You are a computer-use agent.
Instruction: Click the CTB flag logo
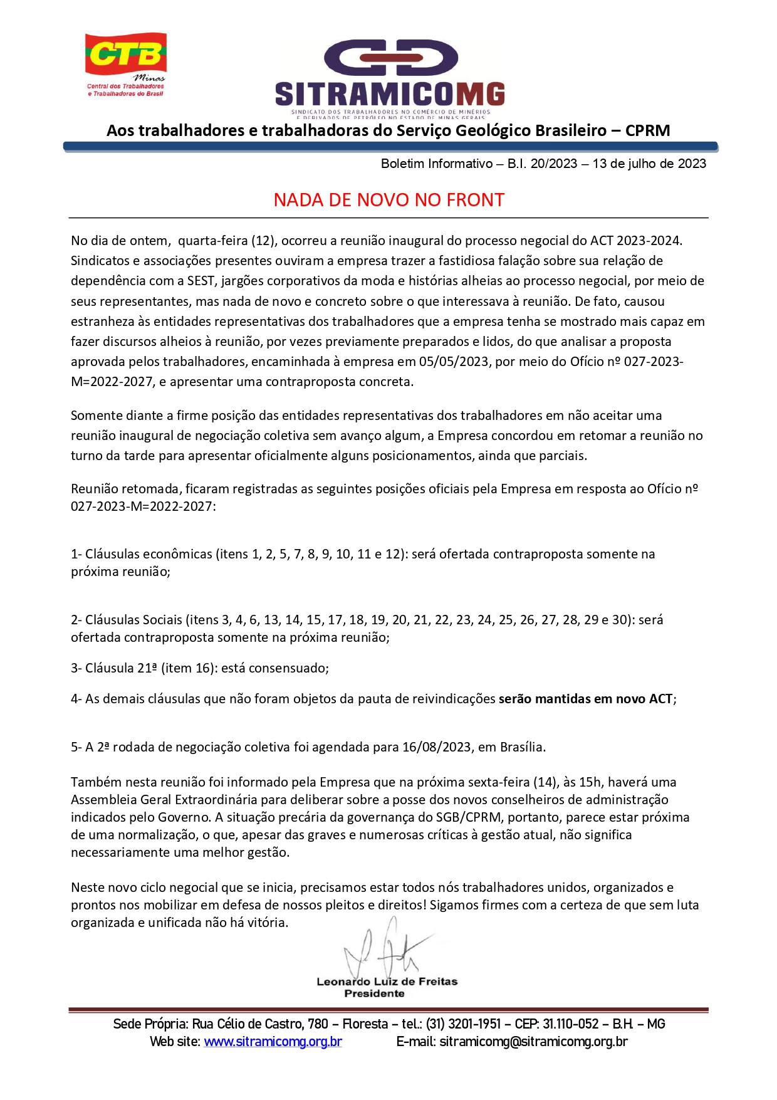coord(126,55)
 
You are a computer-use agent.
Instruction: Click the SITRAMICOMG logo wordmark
coord(390,94)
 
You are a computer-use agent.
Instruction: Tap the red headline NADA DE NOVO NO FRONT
coord(388,200)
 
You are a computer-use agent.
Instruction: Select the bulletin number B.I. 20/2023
coord(542,164)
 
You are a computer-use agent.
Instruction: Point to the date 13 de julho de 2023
coord(649,164)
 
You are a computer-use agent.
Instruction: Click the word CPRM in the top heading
coord(647,130)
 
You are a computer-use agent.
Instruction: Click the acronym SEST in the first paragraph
coord(201,281)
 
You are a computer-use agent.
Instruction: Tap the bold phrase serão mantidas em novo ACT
coord(585,699)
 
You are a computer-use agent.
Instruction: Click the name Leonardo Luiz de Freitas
coord(387,982)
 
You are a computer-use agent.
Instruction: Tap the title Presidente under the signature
coord(374,993)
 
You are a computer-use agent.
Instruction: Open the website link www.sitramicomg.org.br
coord(273,1042)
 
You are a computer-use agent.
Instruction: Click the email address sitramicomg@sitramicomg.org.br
coord(533,1042)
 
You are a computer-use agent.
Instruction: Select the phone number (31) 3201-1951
coord(463,1024)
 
